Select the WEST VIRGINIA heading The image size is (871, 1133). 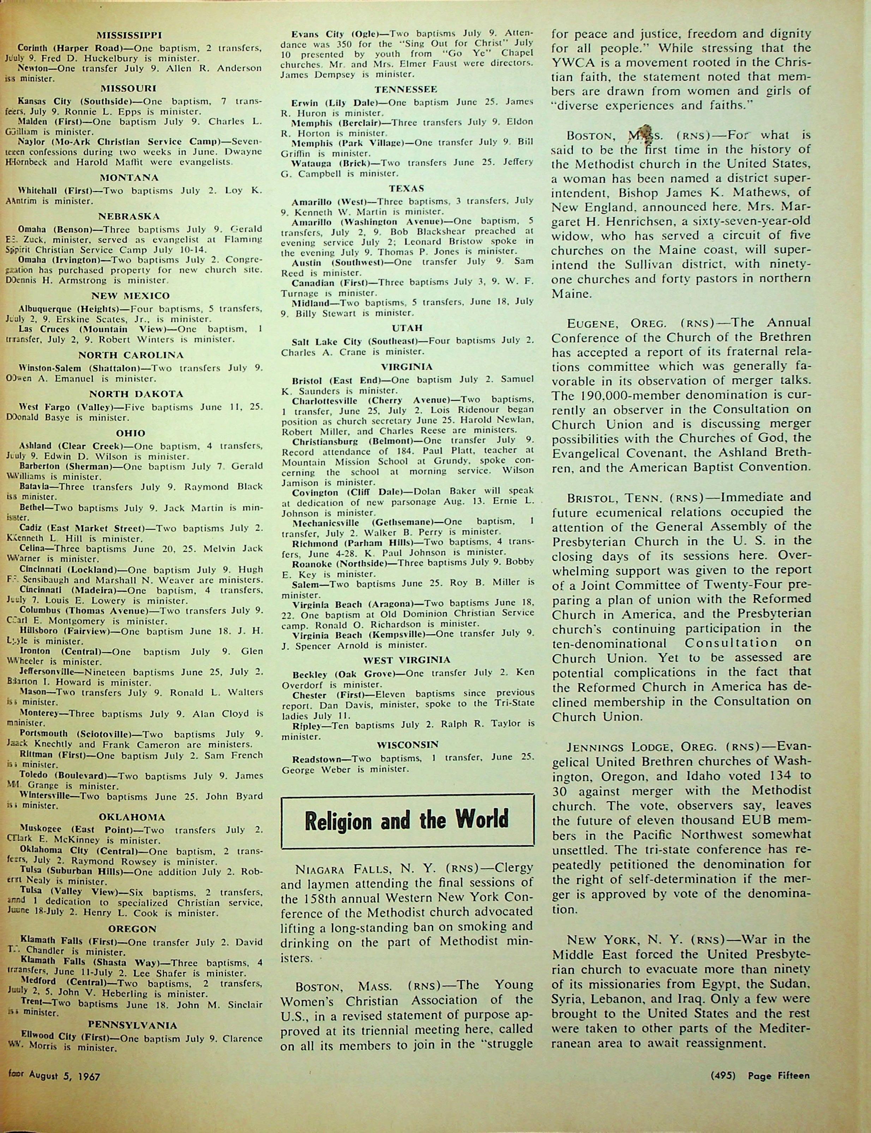[x=407, y=660]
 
